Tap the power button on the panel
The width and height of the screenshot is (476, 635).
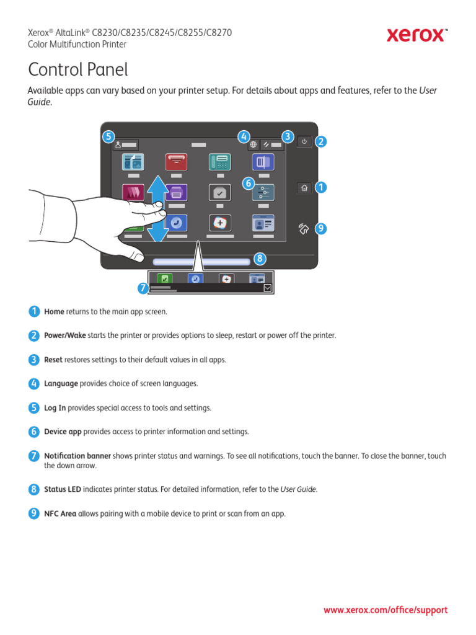click(304, 141)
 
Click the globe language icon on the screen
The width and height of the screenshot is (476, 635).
click(253, 144)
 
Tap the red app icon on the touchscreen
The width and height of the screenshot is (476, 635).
click(176, 161)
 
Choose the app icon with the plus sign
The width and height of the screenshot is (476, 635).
click(219, 223)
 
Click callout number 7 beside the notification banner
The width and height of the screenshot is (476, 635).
click(143, 288)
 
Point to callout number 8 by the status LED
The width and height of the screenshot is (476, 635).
click(260, 258)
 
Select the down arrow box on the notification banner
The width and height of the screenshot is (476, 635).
click(267, 288)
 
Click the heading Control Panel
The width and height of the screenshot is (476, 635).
click(78, 69)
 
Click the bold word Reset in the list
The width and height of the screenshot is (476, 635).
click(53, 360)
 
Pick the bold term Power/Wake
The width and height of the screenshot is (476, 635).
click(65, 335)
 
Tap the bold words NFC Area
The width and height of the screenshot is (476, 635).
click(60, 513)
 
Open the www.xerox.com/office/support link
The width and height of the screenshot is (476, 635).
click(385, 610)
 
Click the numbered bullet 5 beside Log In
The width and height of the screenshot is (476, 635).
click(33, 407)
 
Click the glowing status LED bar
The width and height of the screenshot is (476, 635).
click(198, 262)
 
